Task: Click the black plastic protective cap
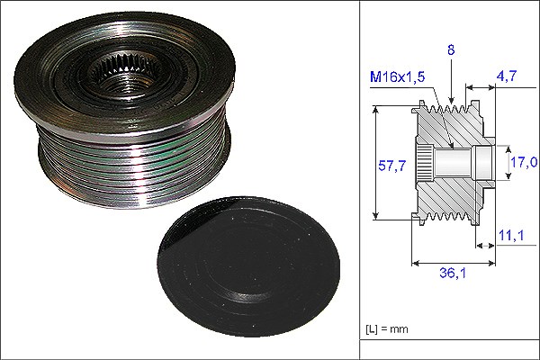pyautogui.click(x=248, y=267)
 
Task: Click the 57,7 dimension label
pyautogui.click(x=391, y=166)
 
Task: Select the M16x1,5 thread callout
pyautogui.click(x=397, y=76)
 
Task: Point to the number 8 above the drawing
pyautogui.click(x=451, y=50)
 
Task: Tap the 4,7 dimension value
pyautogui.click(x=507, y=76)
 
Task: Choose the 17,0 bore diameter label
pyautogui.click(x=524, y=162)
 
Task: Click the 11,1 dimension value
pyautogui.click(x=511, y=235)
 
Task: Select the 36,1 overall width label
pyautogui.click(x=453, y=273)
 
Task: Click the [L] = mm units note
pyautogui.click(x=386, y=329)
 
